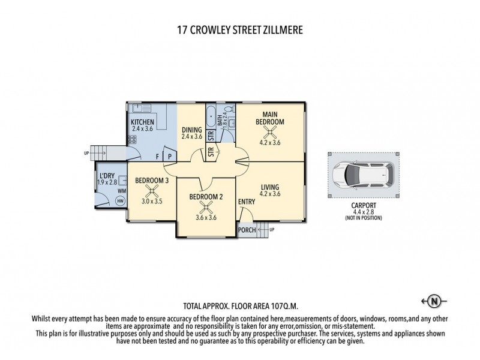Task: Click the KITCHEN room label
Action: pos(143,122)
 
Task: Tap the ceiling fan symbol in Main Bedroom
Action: pos(270,131)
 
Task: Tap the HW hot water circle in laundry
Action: pos(120,200)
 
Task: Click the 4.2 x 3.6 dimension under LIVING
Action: pos(270,194)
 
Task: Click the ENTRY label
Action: pos(247,202)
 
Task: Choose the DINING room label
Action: pos(192,130)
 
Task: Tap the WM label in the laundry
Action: pos(122,191)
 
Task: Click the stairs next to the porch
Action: pos(265,229)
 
